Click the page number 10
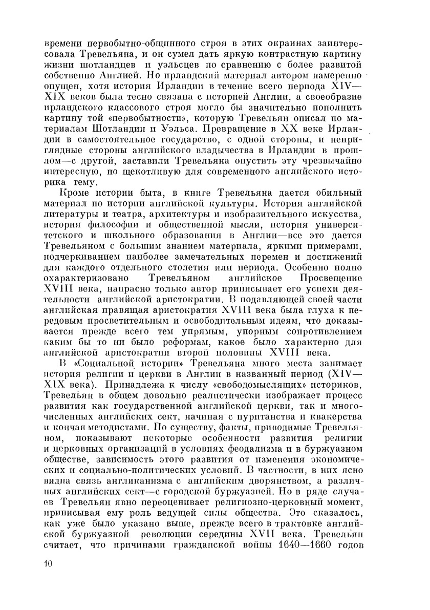pyautogui.click(x=49, y=564)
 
